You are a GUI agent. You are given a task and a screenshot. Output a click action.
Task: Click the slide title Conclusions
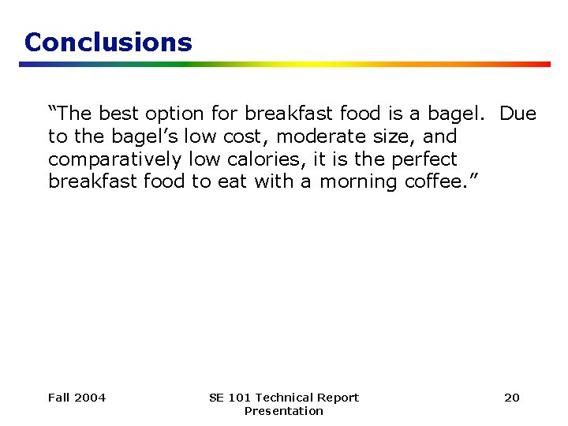tap(108, 42)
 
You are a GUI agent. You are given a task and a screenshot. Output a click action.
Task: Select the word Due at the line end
tap(518, 114)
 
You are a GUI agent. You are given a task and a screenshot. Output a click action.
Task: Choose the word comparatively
tap(115, 159)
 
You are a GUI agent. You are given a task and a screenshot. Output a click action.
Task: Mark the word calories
tap(264, 159)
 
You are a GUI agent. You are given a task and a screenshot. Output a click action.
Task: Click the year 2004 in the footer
tap(89, 398)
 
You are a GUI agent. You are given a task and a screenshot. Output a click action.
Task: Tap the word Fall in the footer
tap(58, 398)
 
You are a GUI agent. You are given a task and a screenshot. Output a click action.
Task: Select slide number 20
tap(512, 398)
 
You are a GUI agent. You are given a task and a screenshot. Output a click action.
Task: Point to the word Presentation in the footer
tap(284, 411)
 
